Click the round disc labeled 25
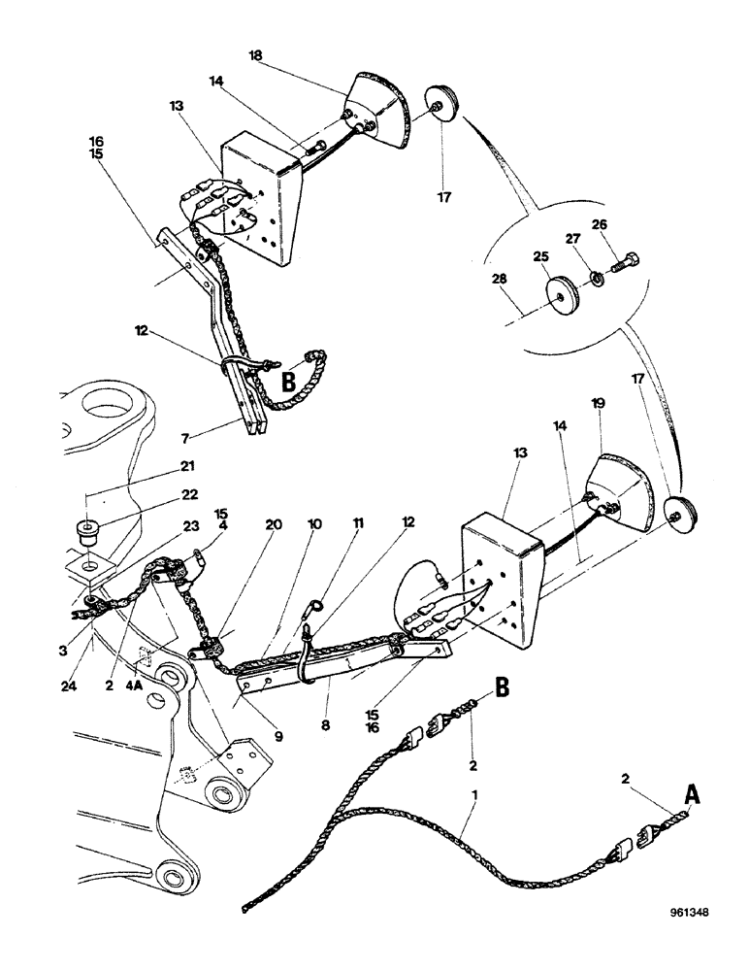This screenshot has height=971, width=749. point(563,294)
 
